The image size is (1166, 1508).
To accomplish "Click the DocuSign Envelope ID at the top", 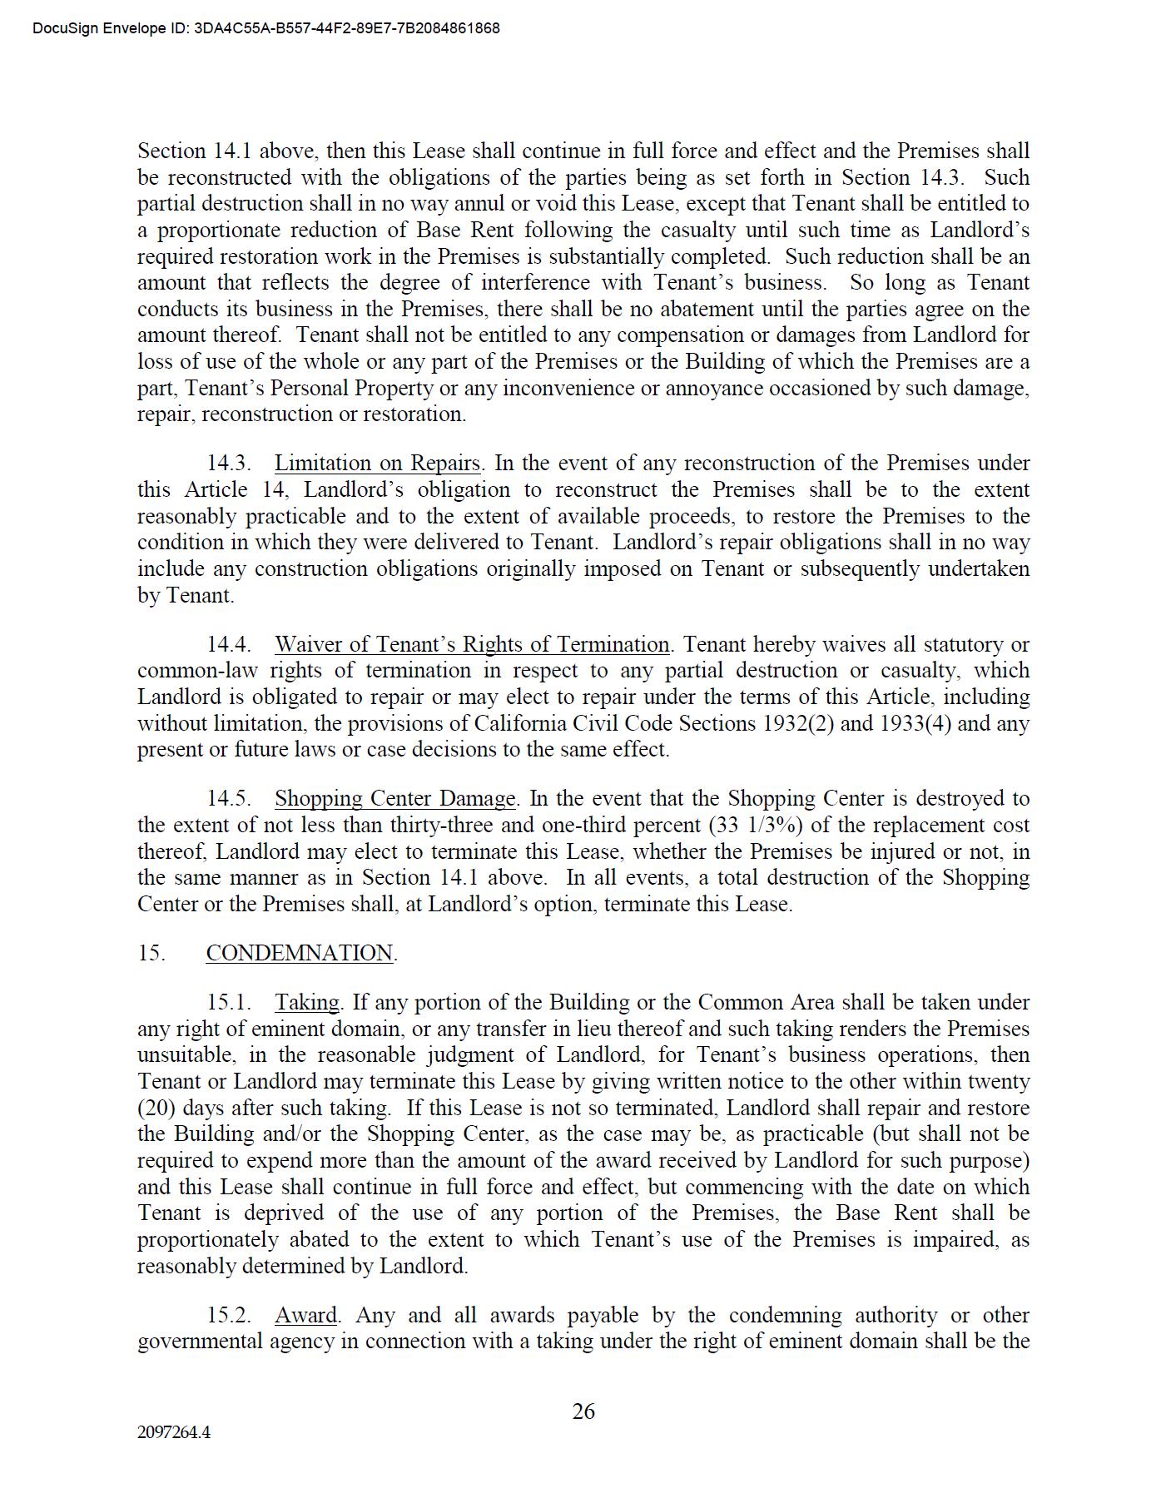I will click(266, 28).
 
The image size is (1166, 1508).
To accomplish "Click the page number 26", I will click(583, 1411).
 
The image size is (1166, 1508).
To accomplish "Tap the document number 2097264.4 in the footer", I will click(174, 1432).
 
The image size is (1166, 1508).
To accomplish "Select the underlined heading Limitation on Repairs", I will click(378, 464).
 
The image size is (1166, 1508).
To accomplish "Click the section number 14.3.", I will click(229, 464).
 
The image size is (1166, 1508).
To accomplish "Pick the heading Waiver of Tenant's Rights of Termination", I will click(472, 645).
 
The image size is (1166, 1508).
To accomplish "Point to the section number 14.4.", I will click(229, 645).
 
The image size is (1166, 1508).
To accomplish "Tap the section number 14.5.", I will click(229, 799).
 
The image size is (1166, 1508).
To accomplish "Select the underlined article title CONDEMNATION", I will click(300, 954).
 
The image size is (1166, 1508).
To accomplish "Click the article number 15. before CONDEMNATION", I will click(151, 954).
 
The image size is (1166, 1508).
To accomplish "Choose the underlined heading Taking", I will click(307, 1003).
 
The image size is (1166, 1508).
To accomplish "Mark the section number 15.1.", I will click(229, 1003).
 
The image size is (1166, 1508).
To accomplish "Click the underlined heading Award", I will click(305, 1316).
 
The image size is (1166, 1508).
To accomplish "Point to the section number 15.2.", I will click(229, 1316).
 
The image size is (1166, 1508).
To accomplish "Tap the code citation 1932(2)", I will click(798, 723).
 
